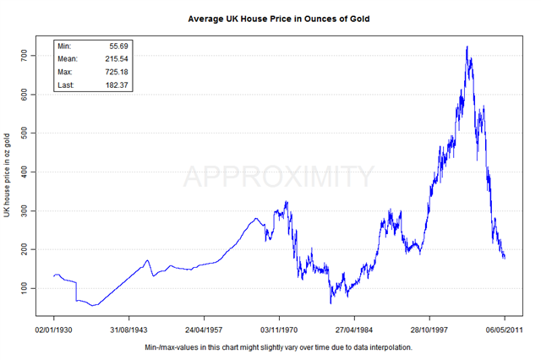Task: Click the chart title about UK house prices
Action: click(x=278, y=17)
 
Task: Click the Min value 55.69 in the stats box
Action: click(x=113, y=45)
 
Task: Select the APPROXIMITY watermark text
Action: click(x=278, y=177)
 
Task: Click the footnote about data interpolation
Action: click(x=278, y=346)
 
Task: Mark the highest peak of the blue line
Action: click(x=467, y=46)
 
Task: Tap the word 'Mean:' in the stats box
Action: click(x=68, y=58)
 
